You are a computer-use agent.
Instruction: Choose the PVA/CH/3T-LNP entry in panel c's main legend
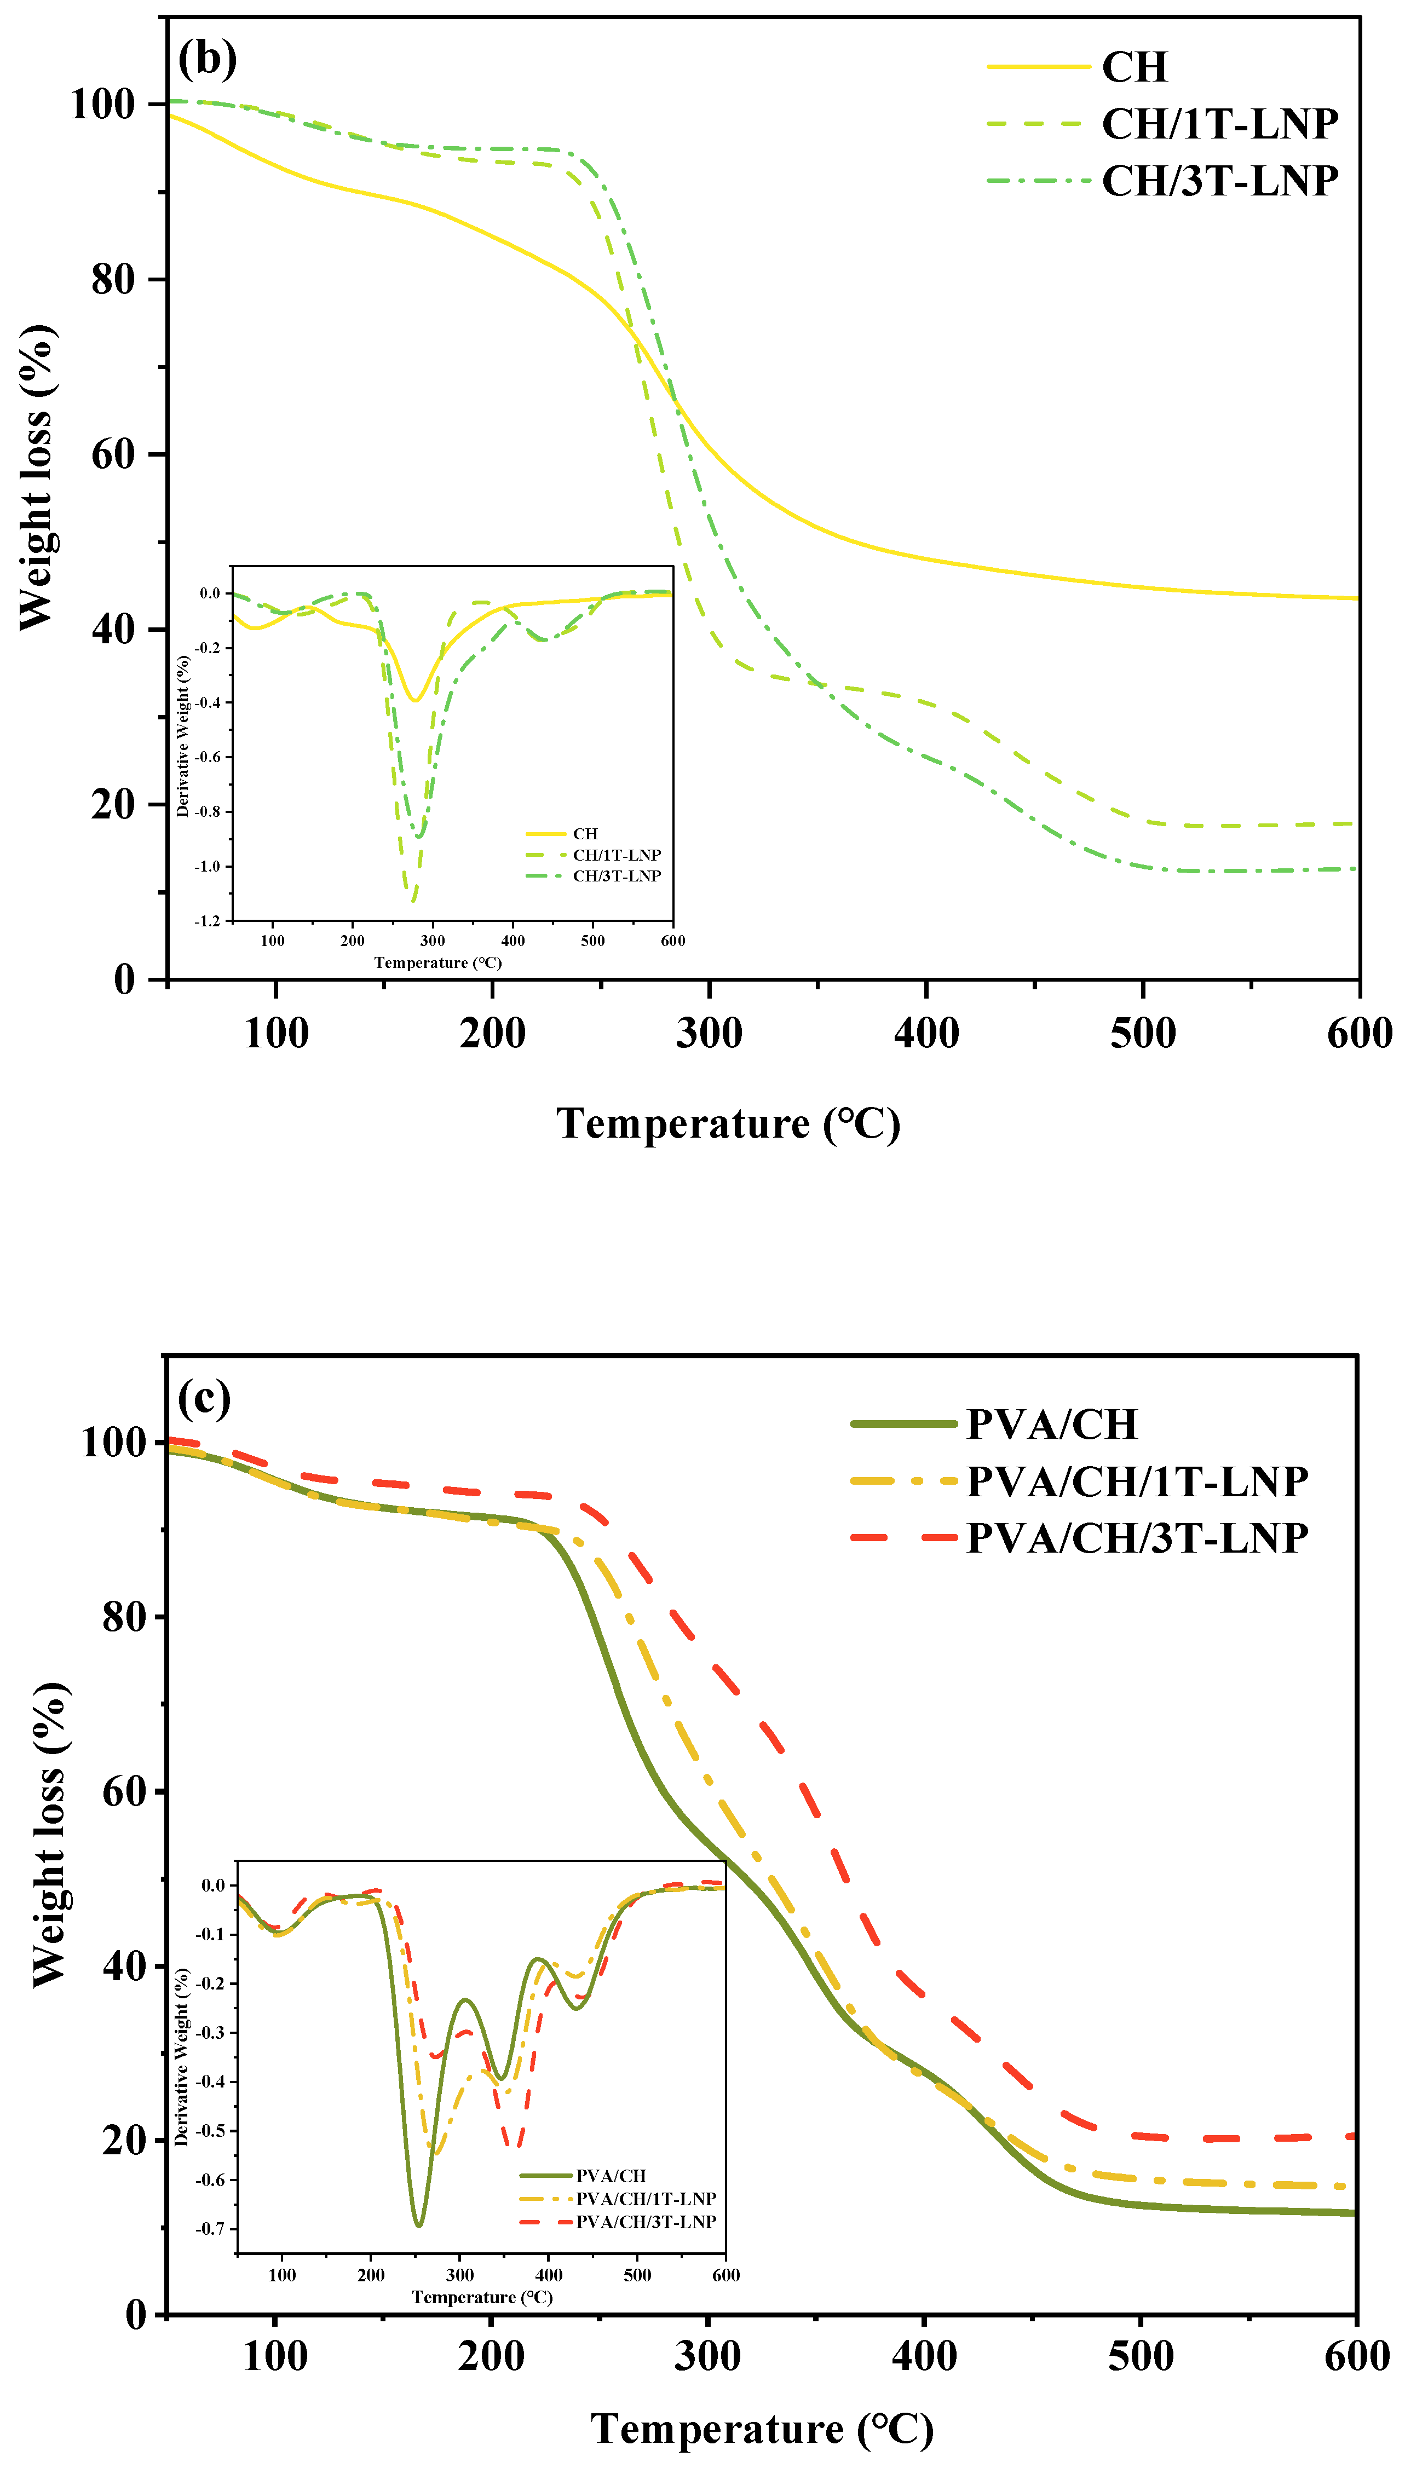[x=1137, y=1538]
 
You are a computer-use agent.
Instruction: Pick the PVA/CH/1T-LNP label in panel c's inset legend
[x=646, y=2199]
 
